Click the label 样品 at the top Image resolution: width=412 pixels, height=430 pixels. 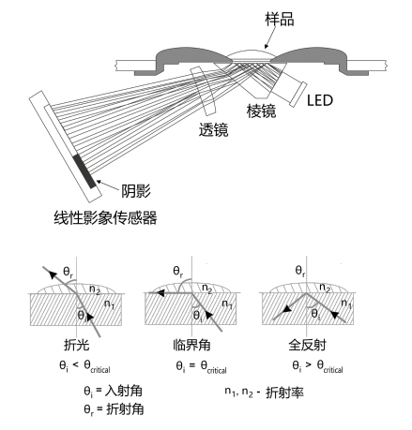(x=279, y=20)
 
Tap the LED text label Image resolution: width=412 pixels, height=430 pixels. (x=320, y=100)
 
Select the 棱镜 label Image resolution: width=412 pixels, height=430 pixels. (x=261, y=111)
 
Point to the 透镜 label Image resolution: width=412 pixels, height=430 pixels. (x=213, y=129)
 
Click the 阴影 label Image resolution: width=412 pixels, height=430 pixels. (x=136, y=190)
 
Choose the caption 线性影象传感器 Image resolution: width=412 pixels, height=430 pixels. (x=105, y=217)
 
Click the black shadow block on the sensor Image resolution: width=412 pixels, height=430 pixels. (x=84, y=171)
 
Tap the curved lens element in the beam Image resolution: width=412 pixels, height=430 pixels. (x=204, y=91)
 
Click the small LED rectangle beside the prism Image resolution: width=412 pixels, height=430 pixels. (x=298, y=95)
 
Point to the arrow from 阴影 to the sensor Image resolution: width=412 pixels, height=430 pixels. (x=108, y=185)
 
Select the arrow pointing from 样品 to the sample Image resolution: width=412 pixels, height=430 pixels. (x=270, y=37)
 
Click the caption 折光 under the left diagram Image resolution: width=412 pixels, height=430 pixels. (x=76, y=345)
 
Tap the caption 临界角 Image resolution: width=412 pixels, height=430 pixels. (x=191, y=345)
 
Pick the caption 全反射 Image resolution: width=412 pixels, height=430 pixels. (x=307, y=345)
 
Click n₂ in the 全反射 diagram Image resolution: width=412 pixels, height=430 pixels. (x=325, y=288)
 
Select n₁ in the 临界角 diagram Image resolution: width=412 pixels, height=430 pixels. (x=227, y=304)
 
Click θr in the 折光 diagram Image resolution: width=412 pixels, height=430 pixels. (x=68, y=272)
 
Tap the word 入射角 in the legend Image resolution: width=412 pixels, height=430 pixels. (x=124, y=391)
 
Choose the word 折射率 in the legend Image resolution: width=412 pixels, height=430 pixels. (x=284, y=393)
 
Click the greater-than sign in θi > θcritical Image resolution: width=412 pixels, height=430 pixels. (x=308, y=364)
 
